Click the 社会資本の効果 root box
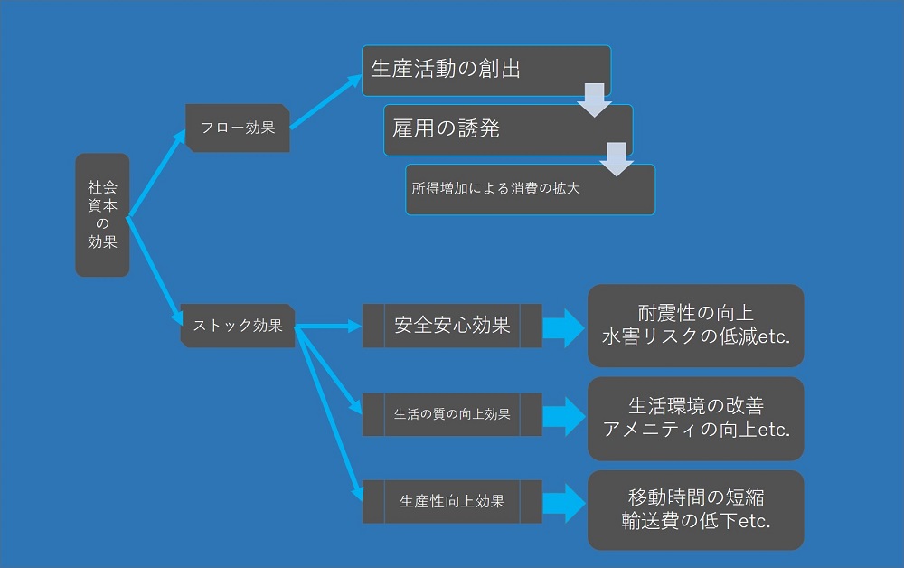point(102,214)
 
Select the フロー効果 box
point(238,128)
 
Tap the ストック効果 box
point(238,326)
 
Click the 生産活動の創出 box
point(486,71)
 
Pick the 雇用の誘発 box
point(508,129)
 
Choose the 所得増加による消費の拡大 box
point(530,189)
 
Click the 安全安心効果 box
point(452,326)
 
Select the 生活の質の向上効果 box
point(452,414)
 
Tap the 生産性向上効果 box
point(452,502)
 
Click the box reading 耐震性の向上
point(696,326)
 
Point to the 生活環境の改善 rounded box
point(696,419)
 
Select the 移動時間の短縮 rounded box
point(696,510)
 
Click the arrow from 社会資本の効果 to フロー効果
point(155,174)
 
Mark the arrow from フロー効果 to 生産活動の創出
point(325,101)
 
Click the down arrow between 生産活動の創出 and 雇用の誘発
point(595,99)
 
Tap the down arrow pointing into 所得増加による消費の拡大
point(617,159)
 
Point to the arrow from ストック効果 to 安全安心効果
point(328,327)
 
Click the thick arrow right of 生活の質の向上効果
point(564,416)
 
